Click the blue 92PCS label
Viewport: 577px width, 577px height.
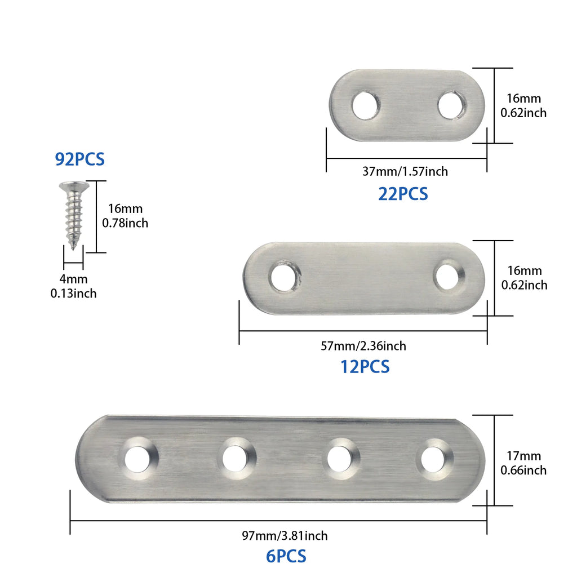click(79, 159)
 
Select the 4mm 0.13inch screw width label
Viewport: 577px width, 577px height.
click(74, 286)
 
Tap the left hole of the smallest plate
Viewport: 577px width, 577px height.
click(366, 106)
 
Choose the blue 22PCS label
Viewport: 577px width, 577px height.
click(403, 194)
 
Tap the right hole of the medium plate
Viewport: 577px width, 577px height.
click(449, 276)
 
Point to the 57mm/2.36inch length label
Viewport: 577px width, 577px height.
click(363, 346)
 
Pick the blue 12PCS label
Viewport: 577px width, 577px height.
click(365, 367)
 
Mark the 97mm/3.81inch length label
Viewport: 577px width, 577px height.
click(284, 535)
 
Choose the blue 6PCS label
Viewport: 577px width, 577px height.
click(286, 556)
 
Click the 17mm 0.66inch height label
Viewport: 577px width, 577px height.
click(523, 463)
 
